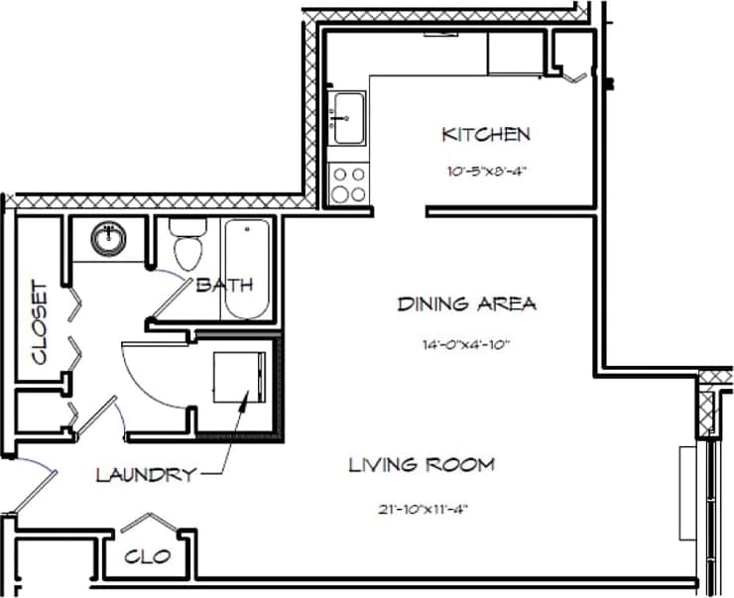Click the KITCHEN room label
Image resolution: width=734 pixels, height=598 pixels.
tap(486, 134)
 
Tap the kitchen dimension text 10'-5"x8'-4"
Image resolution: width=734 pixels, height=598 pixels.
tap(485, 171)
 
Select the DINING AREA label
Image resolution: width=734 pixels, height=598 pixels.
tap(466, 304)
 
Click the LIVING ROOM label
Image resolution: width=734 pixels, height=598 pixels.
tap(422, 464)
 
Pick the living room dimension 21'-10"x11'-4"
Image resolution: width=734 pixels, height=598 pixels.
tap(422, 510)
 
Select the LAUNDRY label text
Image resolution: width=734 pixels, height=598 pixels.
tap(145, 475)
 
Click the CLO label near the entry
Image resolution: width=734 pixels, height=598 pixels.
tap(149, 556)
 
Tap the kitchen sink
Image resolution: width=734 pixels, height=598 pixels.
tap(348, 116)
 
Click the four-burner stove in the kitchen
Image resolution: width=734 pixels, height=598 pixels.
tap(347, 183)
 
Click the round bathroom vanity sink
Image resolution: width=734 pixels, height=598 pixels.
tap(106, 237)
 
